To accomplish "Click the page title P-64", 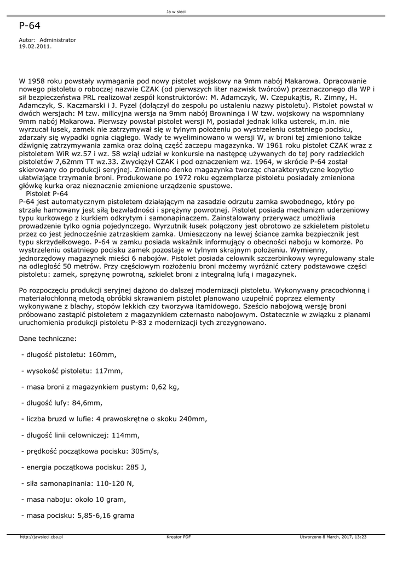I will tap(30, 25).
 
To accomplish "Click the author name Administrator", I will tap(58, 40).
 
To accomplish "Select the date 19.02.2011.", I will tap(35, 47).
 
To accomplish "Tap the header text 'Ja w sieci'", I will tap(176, 12).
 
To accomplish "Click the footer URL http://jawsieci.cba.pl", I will tap(41, 537).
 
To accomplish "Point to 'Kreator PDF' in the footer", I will tap(179, 537).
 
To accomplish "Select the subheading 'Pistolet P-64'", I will tap(47, 194).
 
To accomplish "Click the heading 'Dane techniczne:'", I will tap(48, 339).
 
